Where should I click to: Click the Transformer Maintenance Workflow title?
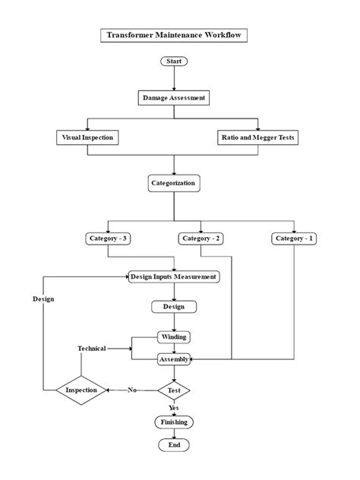coord(175,35)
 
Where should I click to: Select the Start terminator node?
coord(174,61)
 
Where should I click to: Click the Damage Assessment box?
coord(174,98)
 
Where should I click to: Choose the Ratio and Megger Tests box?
coord(259,137)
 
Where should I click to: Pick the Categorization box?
coord(174,183)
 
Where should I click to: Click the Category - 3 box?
coord(109,238)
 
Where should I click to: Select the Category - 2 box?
coord(201,238)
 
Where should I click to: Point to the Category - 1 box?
coord(294,238)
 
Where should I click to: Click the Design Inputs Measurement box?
coord(175,276)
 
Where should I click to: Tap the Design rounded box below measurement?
coord(174,307)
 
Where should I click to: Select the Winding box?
coord(174,336)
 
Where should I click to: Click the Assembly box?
coord(174,359)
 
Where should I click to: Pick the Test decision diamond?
coord(174,390)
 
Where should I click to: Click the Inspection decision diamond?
coord(81,390)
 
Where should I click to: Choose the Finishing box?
coord(174,422)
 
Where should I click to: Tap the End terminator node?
coord(174,445)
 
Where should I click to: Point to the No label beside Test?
coord(132,390)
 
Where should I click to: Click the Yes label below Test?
coord(174,407)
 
